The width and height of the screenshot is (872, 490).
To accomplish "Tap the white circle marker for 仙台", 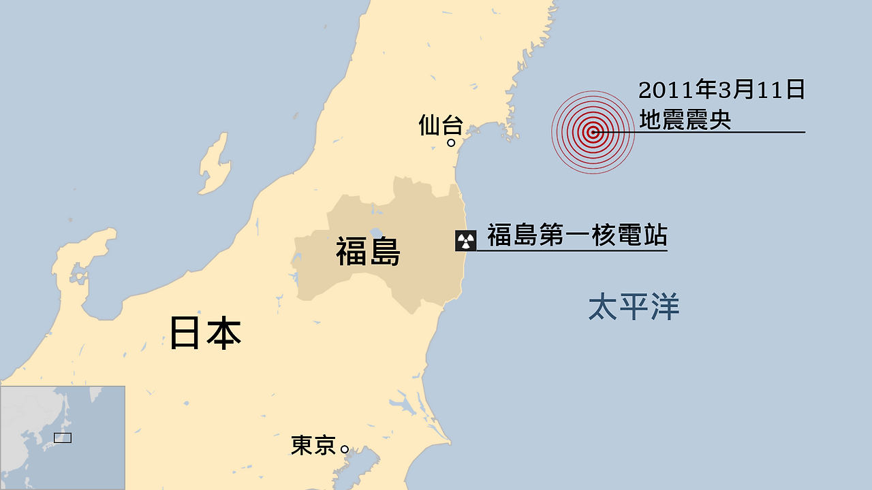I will pos(451,143).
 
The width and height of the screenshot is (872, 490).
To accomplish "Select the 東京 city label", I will pos(313,446).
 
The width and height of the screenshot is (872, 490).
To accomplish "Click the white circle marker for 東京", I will pos(345,449).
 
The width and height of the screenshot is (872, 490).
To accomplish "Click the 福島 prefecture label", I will pos(368,252).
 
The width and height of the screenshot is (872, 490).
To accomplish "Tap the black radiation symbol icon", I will pos(466,240).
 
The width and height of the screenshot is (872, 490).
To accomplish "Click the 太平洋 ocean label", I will pos(634,307).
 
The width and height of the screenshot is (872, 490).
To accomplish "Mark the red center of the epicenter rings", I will pos(593,133).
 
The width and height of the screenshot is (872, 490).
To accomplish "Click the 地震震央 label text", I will pos(685,120).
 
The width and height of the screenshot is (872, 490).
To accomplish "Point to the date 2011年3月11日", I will pos(721,90).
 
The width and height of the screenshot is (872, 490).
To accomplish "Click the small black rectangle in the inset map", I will pos(63,438).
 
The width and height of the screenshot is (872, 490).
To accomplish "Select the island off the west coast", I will pos(213,164).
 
